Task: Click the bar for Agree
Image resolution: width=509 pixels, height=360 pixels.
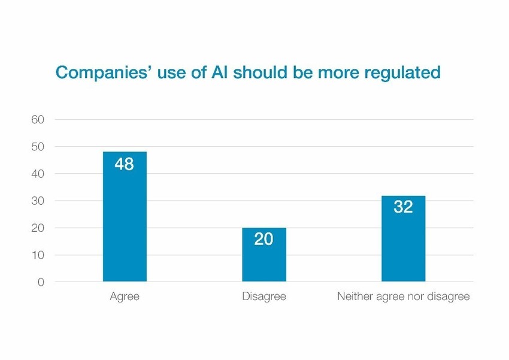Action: [x=125, y=216]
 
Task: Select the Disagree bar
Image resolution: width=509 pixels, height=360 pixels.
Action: [x=264, y=255]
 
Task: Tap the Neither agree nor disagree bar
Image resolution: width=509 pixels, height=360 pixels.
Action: [x=403, y=238]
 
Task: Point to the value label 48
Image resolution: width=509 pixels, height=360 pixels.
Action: [x=124, y=164]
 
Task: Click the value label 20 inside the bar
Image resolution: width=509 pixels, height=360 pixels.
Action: [x=263, y=239]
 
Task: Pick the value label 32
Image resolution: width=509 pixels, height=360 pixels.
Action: [x=403, y=207]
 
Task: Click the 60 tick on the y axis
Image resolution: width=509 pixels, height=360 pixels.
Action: [x=38, y=120]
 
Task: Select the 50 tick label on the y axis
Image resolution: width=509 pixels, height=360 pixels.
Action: [x=38, y=147]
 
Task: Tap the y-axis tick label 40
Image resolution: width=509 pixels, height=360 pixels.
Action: [x=38, y=174]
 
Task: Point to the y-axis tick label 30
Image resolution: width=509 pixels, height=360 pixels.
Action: [x=38, y=201]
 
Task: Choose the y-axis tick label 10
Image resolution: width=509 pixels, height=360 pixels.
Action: [x=38, y=255]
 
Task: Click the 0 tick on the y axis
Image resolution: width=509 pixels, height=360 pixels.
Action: [x=41, y=282]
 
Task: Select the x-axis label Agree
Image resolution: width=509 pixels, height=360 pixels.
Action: [x=125, y=297]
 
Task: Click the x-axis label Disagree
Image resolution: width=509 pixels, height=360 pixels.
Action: [x=264, y=297]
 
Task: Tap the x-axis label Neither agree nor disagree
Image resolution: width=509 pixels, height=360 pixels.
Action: [x=404, y=297]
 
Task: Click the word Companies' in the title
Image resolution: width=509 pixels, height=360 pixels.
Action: [x=104, y=72]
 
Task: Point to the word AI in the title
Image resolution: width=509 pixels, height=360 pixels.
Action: [x=219, y=72]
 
